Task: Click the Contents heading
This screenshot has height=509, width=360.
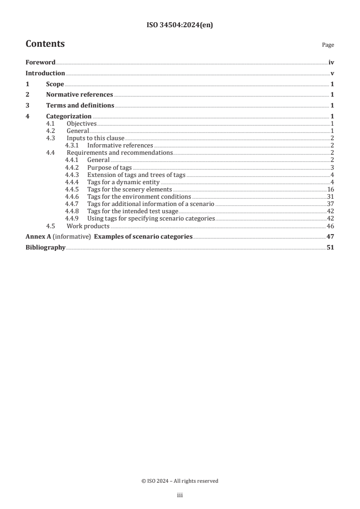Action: coord(45,44)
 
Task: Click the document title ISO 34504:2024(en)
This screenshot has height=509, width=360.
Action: coord(180,25)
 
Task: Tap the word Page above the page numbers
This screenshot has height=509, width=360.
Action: coord(328,45)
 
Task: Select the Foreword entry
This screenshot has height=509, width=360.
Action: coord(40,62)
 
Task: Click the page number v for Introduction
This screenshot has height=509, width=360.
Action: coord(332,73)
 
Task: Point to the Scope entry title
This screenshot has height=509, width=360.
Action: coord(55,84)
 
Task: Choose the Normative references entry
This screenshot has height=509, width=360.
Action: coord(79,95)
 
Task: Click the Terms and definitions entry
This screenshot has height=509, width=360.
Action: coord(80,106)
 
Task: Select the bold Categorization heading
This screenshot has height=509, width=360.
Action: coord(69,117)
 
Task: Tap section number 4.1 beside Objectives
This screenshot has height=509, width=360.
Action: coord(51,123)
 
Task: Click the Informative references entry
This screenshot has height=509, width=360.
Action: coord(120,145)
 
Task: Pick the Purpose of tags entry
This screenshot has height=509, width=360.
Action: coord(109,167)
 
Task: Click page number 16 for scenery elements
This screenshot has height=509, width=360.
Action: coord(330,189)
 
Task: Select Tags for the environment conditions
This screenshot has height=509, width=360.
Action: coord(139,196)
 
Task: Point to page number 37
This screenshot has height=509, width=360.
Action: coord(330,204)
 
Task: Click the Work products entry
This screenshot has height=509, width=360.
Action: coord(88,225)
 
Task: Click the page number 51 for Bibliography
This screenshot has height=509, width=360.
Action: coord(330,247)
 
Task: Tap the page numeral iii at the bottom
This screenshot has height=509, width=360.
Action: coord(180,495)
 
